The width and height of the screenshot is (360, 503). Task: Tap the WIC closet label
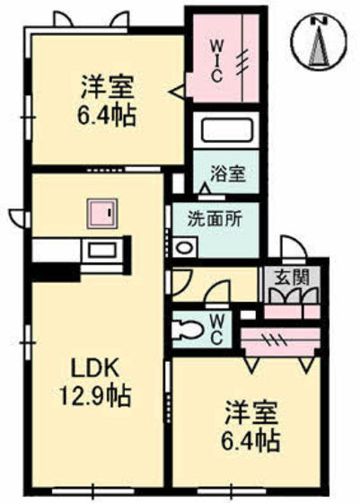click(216, 61)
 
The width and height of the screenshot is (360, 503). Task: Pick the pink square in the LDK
click(100, 215)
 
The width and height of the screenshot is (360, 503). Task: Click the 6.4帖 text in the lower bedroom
click(250, 443)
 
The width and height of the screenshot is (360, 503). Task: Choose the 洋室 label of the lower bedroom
click(250, 416)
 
